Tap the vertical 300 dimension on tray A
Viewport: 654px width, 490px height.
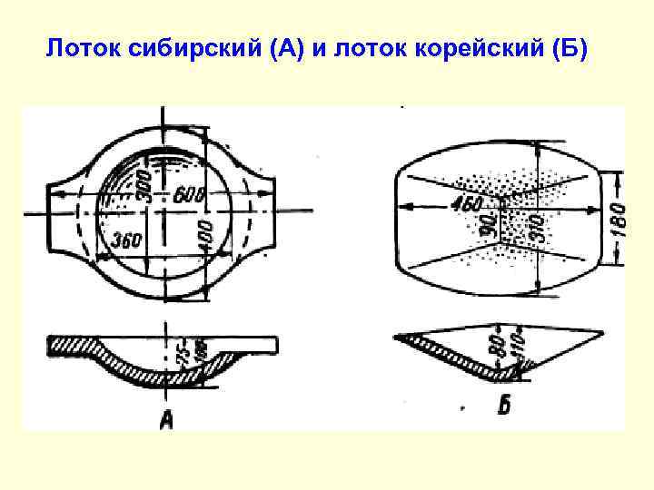(144, 186)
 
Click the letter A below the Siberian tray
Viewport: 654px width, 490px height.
(166, 418)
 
